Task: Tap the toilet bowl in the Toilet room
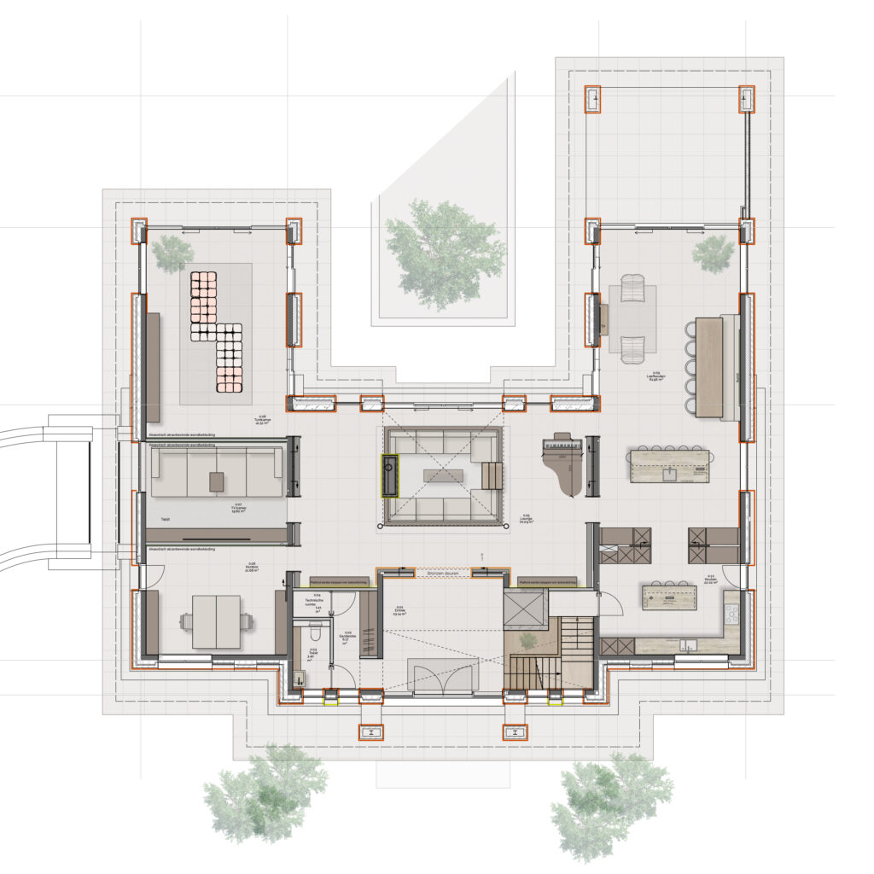[315, 632]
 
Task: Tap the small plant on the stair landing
[528, 639]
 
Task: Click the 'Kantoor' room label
[252, 566]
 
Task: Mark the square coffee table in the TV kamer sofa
[217, 483]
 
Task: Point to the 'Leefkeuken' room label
[656, 376]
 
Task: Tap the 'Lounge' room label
[526, 518]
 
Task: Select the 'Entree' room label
[399, 611]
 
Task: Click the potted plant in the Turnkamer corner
[173, 251]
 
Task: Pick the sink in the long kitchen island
[670, 470]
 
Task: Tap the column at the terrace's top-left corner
[591, 100]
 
